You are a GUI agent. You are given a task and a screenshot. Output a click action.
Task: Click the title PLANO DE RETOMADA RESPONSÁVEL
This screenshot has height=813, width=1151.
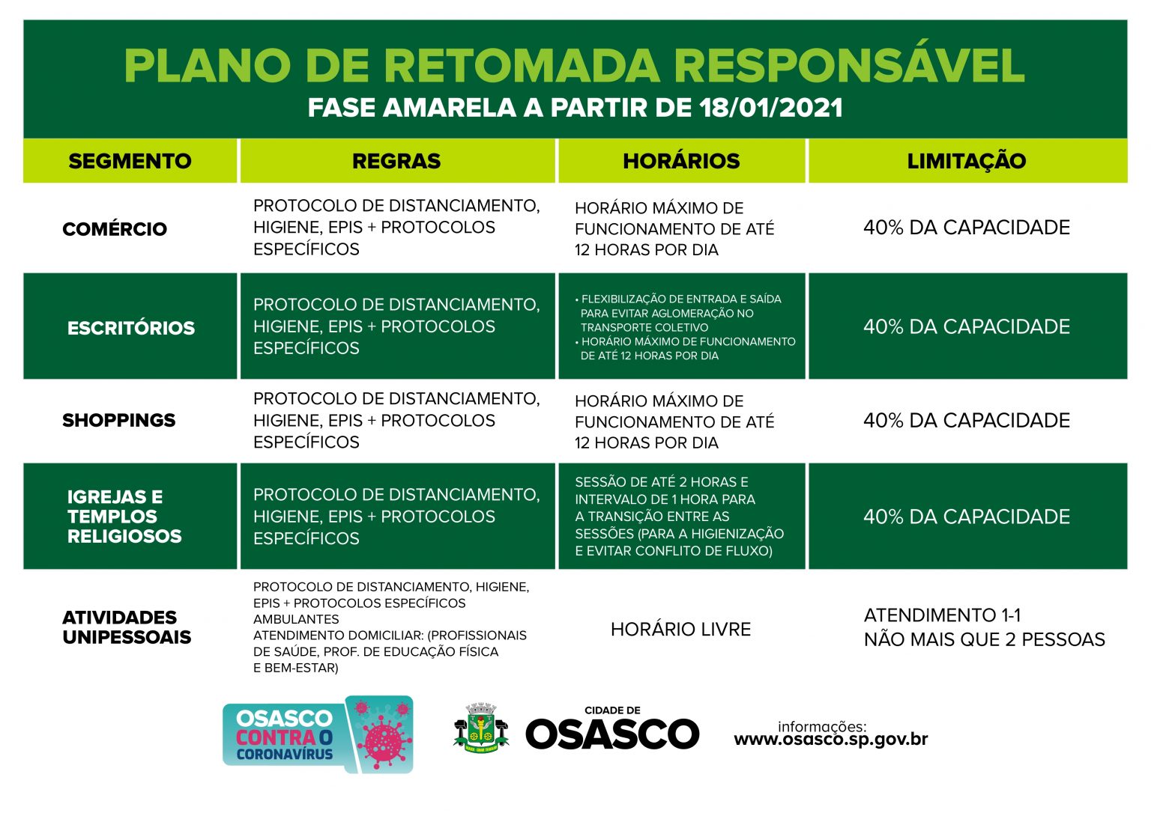pos(574,65)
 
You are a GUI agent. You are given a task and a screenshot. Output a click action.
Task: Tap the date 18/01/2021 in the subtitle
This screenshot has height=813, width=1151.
pos(771,108)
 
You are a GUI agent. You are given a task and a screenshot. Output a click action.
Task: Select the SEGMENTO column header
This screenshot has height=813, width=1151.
pos(130,161)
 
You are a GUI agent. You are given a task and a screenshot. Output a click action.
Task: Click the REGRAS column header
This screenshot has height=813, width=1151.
pos(396,161)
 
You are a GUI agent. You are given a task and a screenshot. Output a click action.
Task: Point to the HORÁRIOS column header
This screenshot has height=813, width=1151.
pos(681,161)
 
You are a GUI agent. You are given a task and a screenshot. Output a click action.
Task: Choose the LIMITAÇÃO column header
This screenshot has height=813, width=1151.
pos(966,161)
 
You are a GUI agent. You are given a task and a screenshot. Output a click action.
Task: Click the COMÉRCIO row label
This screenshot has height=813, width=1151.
pos(115,229)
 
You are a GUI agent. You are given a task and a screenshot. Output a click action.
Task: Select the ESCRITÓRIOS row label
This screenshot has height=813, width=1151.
pos(131,328)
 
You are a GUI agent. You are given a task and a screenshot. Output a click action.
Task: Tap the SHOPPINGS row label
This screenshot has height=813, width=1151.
pos(119,420)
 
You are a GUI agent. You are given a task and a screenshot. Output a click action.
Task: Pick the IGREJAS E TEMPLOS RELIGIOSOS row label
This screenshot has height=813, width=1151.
pos(124,517)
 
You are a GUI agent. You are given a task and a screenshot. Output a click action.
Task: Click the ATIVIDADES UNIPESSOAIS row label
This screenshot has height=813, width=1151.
pos(127,627)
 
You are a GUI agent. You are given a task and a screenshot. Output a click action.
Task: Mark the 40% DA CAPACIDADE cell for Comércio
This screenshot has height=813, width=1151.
pos(966,228)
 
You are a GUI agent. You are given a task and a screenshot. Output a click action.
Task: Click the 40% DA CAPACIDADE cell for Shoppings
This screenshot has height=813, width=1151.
pos(966,421)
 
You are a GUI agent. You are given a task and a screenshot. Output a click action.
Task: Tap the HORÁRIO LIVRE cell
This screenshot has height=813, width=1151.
pos(680,630)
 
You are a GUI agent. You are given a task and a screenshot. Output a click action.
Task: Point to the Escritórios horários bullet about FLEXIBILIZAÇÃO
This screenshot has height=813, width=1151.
pos(680,313)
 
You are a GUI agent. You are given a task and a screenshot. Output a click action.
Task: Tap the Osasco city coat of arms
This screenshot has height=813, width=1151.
pos(481,728)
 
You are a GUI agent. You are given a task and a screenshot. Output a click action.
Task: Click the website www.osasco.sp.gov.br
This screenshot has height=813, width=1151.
pos(830,740)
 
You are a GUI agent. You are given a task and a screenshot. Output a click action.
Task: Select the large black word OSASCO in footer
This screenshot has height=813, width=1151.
pos(612,734)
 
